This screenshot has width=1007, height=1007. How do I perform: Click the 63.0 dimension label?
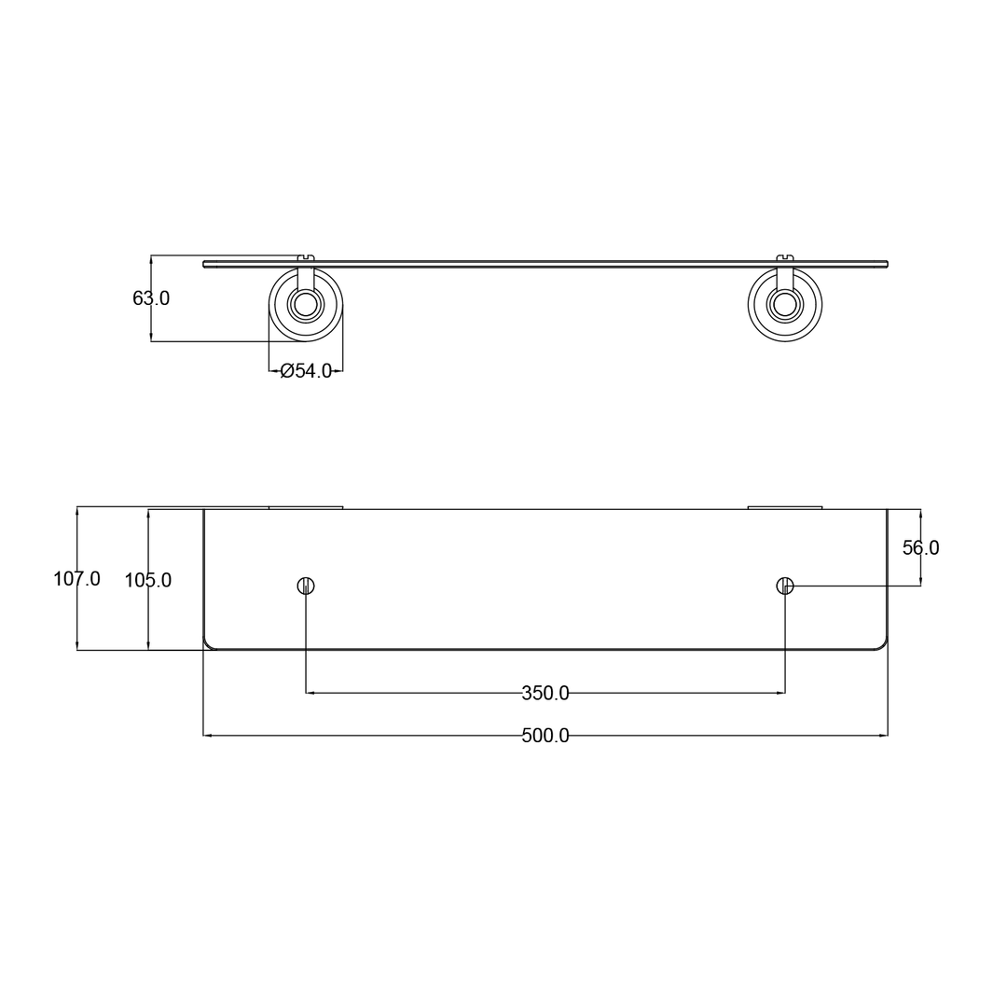coord(151,298)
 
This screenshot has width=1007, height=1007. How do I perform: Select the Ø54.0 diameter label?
coord(306,371)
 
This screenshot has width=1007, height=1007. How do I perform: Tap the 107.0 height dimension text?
coord(76,579)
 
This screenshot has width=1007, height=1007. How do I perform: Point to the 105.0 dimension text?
coord(148,581)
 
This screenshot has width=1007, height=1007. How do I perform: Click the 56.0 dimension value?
coord(920,548)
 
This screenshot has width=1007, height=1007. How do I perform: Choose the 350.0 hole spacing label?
coord(545,694)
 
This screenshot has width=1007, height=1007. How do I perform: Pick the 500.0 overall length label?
coord(545,736)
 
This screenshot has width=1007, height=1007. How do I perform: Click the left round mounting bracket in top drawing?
coord(306,305)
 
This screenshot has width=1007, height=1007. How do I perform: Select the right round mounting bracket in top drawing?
coord(785,305)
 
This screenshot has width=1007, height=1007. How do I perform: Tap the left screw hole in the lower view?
coord(306,586)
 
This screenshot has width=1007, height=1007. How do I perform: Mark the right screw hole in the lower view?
coord(785,586)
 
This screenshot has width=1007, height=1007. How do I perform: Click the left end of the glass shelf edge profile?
coord(205,264)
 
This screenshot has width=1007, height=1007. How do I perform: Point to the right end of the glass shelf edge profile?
coord(886,264)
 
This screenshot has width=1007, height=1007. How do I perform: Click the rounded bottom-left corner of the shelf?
coord(209,644)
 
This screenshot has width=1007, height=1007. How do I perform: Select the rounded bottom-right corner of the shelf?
coord(882,644)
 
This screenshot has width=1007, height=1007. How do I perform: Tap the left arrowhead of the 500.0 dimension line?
coord(208,736)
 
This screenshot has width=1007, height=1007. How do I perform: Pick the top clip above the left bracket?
coord(306,257)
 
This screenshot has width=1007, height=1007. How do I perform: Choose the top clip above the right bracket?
coord(785,257)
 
